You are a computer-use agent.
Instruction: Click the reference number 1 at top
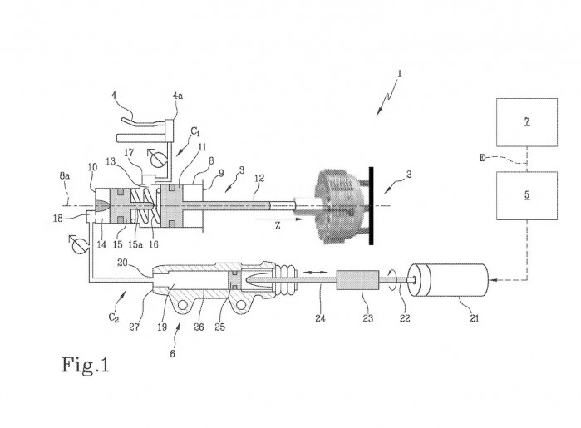401,74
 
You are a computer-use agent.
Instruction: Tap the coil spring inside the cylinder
149,204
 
